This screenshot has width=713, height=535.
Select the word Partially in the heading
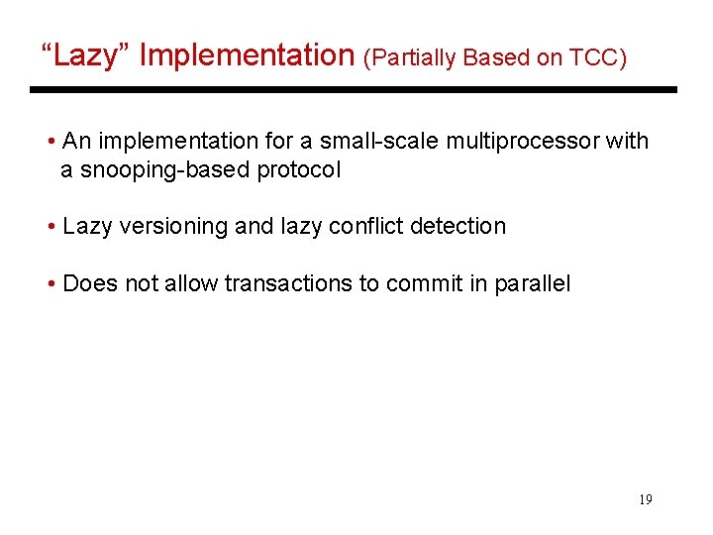pyautogui.click(x=410, y=57)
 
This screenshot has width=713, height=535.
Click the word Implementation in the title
pyautogui.click(x=248, y=55)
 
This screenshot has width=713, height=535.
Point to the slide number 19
pyautogui.click(x=645, y=499)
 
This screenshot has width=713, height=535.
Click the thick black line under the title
pyautogui.click(x=353, y=90)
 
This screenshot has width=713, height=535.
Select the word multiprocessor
pyautogui.click(x=523, y=141)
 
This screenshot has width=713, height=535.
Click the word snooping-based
pyautogui.click(x=163, y=169)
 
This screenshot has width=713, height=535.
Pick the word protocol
pyautogui.click(x=298, y=170)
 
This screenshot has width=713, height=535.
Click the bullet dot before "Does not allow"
pyautogui.click(x=51, y=284)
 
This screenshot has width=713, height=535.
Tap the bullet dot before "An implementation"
pyautogui.click(x=51, y=142)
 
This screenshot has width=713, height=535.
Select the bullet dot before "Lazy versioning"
pyautogui.click(x=51, y=227)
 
